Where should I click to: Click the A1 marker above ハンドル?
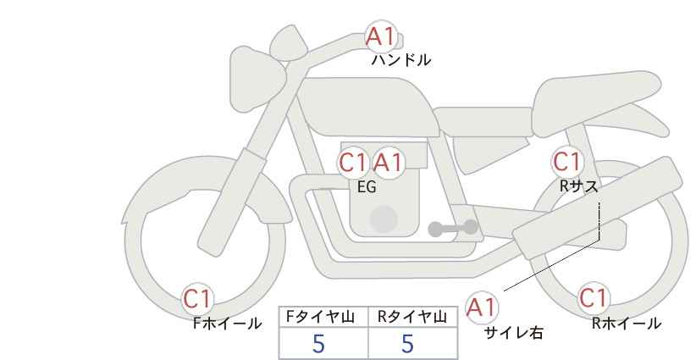(x=380, y=36)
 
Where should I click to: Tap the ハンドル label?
(x=401, y=60)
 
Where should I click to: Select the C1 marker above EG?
(x=352, y=163)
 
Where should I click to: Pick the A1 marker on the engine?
(x=388, y=163)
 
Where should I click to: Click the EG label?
(x=367, y=187)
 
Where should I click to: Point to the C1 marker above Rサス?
(x=567, y=162)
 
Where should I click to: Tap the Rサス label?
(x=579, y=186)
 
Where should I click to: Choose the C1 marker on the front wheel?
(x=197, y=299)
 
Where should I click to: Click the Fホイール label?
(x=227, y=324)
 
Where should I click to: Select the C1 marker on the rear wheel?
(x=594, y=298)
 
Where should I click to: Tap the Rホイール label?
(x=627, y=324)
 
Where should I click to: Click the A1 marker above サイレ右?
(x=482, y=307)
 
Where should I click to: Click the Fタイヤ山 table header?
(x=320, y=317)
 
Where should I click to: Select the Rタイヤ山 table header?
(x=412, y=317)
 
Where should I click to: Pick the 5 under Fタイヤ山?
(x=318, y=343)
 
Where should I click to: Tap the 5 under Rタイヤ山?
(x=407, y=343)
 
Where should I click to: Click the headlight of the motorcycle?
(x=257, y=80)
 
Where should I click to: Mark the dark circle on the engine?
(x=384, y=219)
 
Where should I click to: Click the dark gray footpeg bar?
(x=453, y=228)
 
